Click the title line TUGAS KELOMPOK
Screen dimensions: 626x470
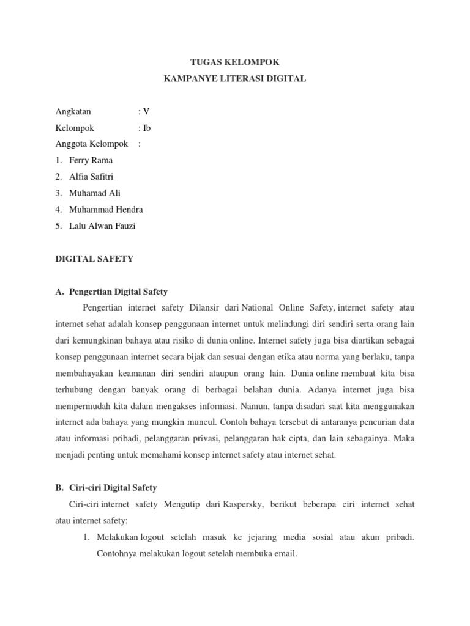[x=235, y=62]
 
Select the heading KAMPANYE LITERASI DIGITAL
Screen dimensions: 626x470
[x=235, y=78]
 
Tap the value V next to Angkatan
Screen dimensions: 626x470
[x=146, y=111]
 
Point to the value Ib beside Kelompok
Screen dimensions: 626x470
[x=146, y=128]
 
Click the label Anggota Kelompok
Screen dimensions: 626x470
[x=91, y=144]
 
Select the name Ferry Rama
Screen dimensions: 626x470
[x=91, y=160]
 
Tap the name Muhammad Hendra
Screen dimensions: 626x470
[x=106, y=210]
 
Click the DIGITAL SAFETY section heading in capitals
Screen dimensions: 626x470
[x=94, y=259]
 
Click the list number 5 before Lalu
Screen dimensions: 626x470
[x=58, y=226]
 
